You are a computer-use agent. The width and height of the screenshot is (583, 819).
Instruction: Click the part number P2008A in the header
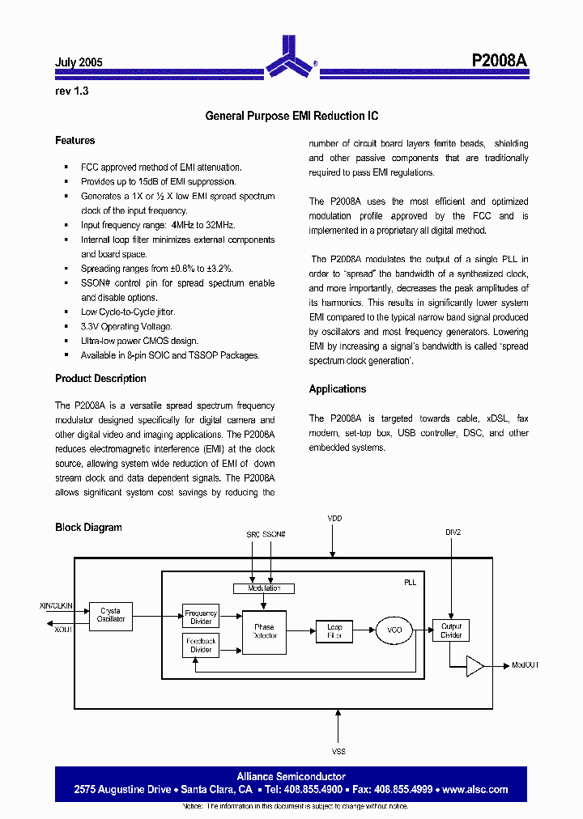(500, 61)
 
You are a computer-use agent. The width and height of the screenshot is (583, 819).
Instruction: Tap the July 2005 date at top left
(79, 62)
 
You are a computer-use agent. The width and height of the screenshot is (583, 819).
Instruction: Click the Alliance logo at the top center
(289, 55)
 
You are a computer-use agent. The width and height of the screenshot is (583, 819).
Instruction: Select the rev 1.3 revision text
(71, 91)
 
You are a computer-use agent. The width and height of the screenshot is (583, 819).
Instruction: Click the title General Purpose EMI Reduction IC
(291, 117)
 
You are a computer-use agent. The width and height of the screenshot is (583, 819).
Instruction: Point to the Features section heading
(74, 141)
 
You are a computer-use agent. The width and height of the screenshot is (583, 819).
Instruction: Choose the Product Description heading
(100, 379)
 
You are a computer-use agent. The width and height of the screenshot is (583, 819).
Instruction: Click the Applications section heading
(337, 389)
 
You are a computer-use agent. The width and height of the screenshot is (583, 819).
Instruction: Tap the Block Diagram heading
(88, 528)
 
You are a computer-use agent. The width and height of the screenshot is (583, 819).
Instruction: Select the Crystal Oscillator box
(111, 615)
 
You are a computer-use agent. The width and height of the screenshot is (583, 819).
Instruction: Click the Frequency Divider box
(201, 617)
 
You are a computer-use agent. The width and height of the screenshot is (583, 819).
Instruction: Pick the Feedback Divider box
(201, 645)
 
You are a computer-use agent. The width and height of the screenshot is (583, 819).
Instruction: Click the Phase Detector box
(264, 632)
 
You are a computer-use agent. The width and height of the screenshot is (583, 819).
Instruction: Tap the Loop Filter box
(334, 631)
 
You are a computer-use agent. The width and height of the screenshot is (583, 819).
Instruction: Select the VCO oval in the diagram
(394, 630)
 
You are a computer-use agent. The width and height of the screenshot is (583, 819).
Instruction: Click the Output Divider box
(451, 630)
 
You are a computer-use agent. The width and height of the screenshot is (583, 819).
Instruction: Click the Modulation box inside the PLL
(263, 588)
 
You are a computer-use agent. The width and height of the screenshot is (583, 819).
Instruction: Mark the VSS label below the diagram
(338, 752)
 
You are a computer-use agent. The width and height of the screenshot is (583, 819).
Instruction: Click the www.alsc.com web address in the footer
(475, 789)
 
